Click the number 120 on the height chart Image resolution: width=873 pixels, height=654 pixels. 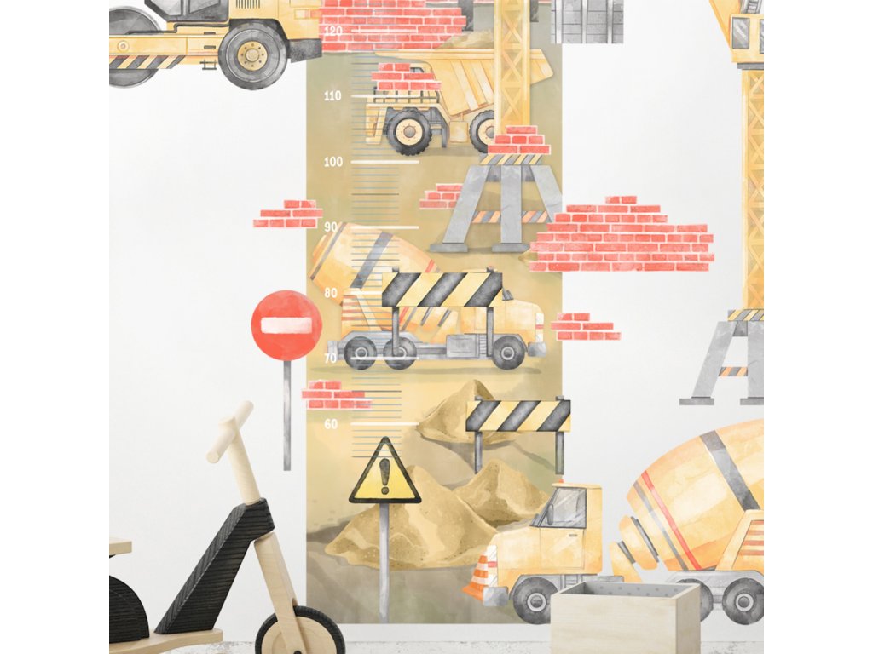click(332, 30)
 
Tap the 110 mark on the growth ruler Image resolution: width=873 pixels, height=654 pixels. click(332, 96)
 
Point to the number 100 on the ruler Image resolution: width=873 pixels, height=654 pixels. click(332, 162)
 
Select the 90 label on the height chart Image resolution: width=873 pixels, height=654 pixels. click(331, 227)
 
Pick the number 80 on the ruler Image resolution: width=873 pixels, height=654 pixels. click(331, 293)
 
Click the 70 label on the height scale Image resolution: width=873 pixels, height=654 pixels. click(331, 359)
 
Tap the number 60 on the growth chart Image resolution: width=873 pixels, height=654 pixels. click(331, 424)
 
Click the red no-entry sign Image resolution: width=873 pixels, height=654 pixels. click(286, 324)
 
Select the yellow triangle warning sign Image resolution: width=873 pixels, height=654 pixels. click(384, 472)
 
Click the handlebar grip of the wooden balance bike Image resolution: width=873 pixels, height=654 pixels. click(230, 431)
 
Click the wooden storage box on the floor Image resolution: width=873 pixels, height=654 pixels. click(625, 617)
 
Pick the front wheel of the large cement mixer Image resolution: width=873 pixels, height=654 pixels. click(535, 599)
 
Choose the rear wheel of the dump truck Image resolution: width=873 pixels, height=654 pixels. click(408, 131)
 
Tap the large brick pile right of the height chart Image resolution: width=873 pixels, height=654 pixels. click(622, 234)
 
